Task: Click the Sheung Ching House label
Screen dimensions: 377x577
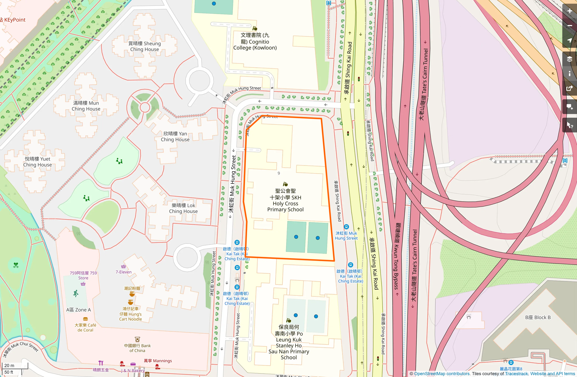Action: tap(145, 46)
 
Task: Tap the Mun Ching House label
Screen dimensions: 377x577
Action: tap(86, 106)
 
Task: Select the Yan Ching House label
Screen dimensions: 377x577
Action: tap(175, 136)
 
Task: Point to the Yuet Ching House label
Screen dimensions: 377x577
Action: tap(38, 162)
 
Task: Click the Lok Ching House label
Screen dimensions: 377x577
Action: tap(183, 208)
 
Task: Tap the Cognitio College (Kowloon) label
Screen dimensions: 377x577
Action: tap(255, 41)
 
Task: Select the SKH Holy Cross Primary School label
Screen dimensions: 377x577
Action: tap(285, 200)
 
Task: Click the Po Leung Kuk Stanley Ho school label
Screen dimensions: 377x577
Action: tap(289, 342)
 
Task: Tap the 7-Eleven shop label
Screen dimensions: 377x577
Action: tap(123, 272)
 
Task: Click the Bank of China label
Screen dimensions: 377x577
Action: tap(137, 348)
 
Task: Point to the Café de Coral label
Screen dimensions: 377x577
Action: tap(85, 327)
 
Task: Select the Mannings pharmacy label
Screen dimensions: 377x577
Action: tap(158, 361)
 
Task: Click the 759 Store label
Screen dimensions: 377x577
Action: tap(83, 275)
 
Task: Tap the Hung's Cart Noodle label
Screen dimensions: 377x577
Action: tap(130, 314)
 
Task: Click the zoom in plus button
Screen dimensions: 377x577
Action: tap(570, 11)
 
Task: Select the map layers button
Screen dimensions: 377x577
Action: tap(570, 59)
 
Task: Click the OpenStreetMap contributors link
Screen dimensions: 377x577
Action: tap(442, 374)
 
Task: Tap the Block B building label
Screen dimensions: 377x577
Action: tap(538, 317)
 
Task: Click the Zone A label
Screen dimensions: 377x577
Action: tap(78, 310)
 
